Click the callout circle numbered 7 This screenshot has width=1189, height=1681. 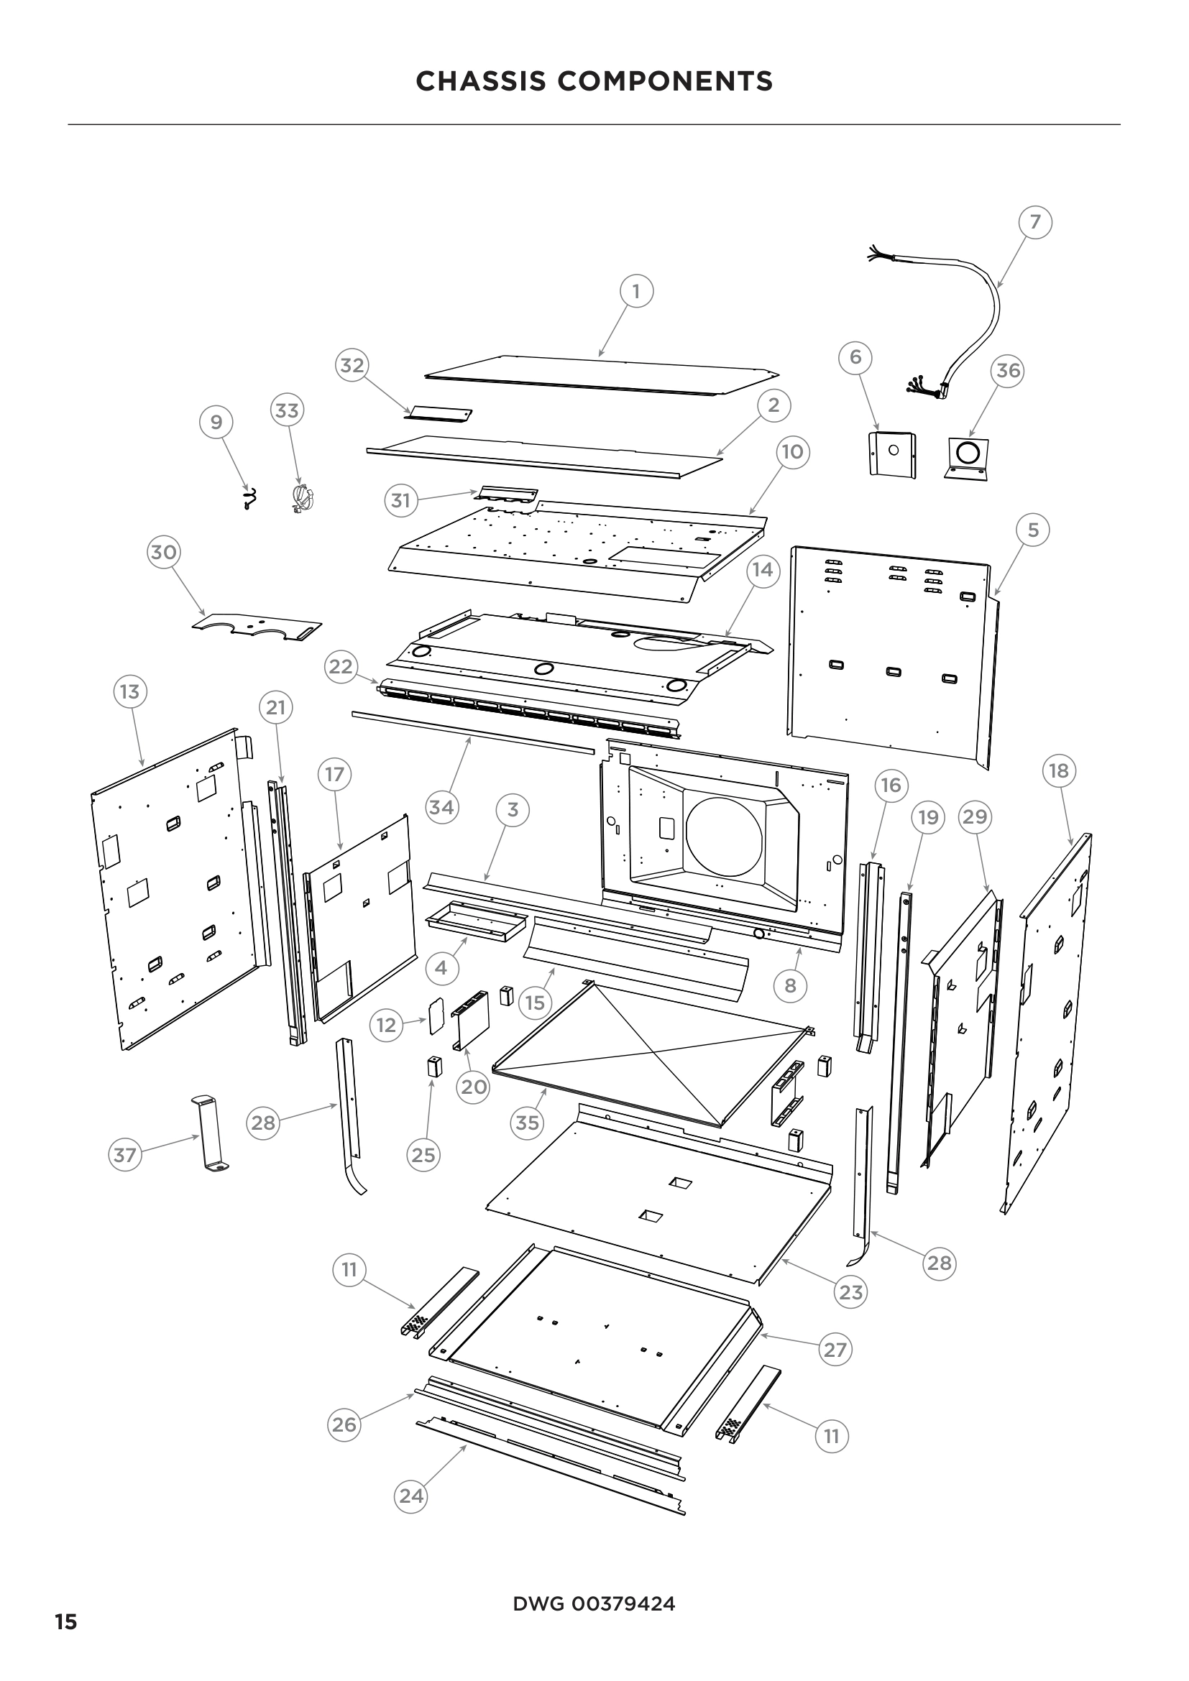[x=1034, y=222]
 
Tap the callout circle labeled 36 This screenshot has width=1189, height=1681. [x=1008, y=370]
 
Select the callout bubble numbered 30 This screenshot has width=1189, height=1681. [x=164, y=551]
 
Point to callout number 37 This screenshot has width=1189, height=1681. [x=124, y=1155]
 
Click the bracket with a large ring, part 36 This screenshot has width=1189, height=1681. [x=966, y=458]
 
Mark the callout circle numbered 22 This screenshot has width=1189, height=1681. [x=341, y=666]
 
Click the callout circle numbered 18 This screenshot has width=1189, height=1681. [x=1059, y=770]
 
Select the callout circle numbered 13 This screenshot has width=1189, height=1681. [x=129, y=691]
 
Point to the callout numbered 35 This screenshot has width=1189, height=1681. [x=527, y=1123]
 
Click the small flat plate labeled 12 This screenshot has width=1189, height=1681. [x=436, y=1015]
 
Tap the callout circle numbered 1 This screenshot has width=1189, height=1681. [x=636, y=291]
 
